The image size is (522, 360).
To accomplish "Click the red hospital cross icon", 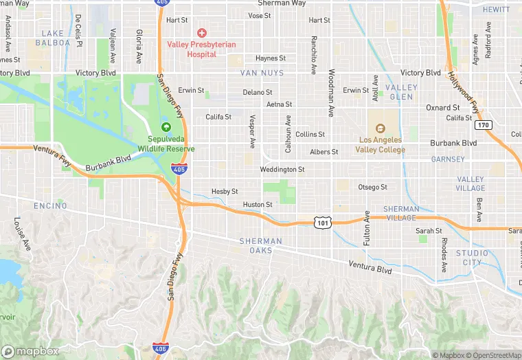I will [202, 32].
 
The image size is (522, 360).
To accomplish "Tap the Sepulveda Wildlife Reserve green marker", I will [166, 127].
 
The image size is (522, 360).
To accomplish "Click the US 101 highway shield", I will [323, 222].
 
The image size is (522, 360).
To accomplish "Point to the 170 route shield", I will [483, 125].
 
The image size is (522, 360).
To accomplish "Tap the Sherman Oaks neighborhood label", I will [260, 245].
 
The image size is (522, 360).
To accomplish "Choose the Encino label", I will [50, 205].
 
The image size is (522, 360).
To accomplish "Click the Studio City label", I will [473, 258].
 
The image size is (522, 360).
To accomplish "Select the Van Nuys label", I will [258, 72].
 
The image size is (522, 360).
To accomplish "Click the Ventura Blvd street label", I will [370, 268].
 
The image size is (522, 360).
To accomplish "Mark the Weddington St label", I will [282, 169].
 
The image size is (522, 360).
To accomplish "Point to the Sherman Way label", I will [277, 3].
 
